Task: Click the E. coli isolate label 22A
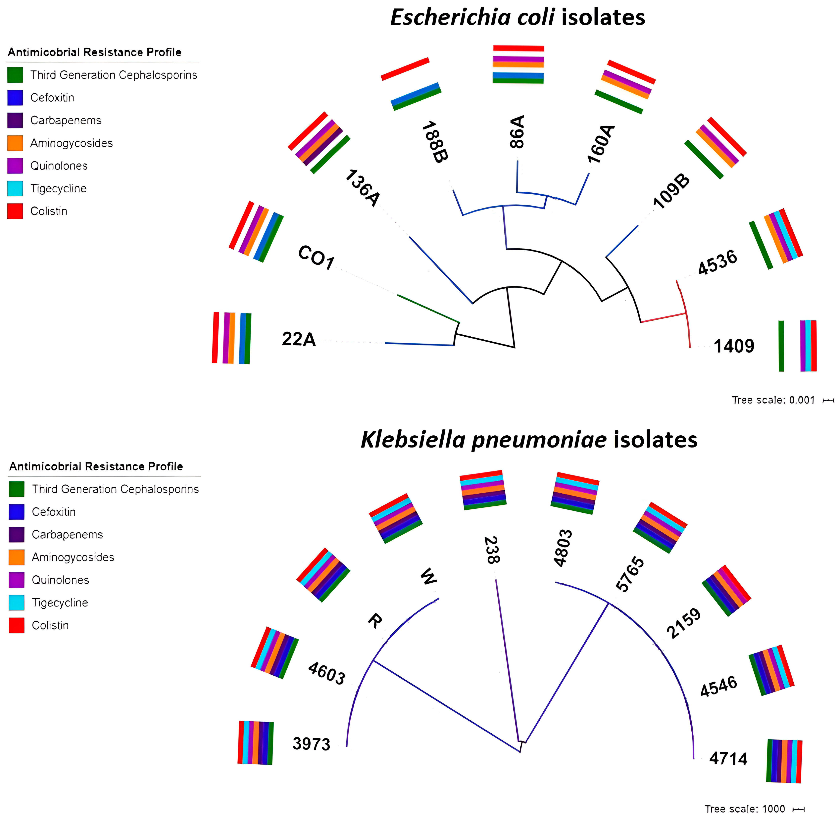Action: [x=299, y=339]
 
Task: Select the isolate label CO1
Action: [x=316, y=258]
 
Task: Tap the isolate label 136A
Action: [x=363, y=188]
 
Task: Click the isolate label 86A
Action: [x=518, y=132]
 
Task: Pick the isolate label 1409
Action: [x=734, y=346]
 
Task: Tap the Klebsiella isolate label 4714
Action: [x=728, y=759]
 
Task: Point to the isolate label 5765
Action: [x=630, y=574]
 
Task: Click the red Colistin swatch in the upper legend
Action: [x=15, y=211]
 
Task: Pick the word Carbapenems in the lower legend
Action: [x=67, y=535]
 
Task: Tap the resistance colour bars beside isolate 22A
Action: [x=232, y=338]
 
